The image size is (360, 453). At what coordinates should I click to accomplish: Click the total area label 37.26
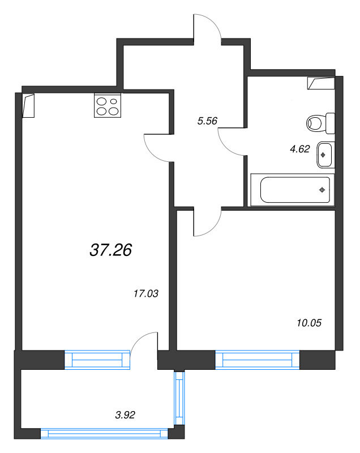point(111,249)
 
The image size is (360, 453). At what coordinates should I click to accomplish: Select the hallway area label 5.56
point(207,121)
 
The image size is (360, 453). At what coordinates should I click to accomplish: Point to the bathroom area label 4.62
point(300,149)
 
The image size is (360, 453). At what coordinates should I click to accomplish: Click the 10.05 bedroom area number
point(309,323)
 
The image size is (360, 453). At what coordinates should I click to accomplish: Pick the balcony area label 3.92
point(125,414)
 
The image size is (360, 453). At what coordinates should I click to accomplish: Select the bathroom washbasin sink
point(324,154)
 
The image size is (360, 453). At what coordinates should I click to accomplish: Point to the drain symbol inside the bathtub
point(322,189)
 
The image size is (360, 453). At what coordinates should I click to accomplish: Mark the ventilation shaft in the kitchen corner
point(29,105)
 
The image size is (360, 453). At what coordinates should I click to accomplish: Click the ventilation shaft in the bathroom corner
point(321,83)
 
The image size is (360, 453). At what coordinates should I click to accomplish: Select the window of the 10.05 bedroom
point(257,360)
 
